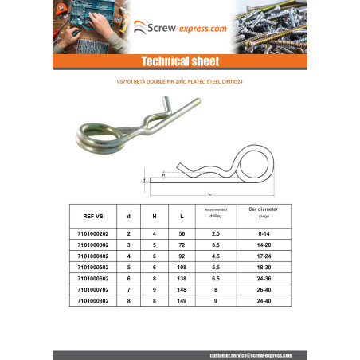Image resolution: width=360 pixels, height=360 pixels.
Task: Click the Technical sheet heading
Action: coord(179,61)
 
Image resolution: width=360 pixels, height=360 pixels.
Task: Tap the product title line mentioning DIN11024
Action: coord(179,80)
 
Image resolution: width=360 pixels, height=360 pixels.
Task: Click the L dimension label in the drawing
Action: coord(209,194)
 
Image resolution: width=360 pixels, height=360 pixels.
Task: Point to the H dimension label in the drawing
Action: coord(164,174)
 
